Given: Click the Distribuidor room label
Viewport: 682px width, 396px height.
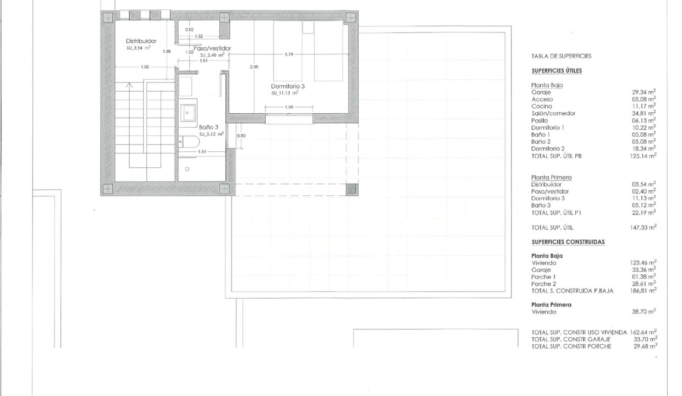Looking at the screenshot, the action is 141,41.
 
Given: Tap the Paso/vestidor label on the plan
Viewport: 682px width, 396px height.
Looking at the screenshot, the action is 212,48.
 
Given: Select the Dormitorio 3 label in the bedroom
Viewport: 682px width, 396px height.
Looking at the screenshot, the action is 288,86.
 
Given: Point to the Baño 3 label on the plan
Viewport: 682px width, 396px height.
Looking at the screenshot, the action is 208,127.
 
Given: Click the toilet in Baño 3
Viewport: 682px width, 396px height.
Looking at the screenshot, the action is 189,142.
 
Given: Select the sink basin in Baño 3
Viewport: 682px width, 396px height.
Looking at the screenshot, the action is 188,113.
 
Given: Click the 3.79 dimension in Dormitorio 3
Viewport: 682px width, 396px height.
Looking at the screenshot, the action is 289,54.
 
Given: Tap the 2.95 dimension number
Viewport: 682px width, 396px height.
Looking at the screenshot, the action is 254,67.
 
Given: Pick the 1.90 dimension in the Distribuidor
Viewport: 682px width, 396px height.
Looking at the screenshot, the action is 145,67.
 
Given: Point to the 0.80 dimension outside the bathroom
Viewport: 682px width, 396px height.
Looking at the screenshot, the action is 241,136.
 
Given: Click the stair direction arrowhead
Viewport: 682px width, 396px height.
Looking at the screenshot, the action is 129,85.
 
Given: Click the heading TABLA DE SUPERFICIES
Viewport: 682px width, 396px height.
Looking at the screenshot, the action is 562,56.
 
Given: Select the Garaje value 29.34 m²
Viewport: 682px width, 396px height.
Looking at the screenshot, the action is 643,92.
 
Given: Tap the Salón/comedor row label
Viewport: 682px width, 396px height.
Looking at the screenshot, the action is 553,113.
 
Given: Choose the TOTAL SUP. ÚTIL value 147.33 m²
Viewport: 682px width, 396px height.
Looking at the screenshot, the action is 643,227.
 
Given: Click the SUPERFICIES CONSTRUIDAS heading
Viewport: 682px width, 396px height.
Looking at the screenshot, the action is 568,242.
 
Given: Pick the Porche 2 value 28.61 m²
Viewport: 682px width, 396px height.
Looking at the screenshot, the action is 643,284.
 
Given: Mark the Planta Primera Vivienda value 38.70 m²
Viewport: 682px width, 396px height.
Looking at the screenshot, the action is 643,312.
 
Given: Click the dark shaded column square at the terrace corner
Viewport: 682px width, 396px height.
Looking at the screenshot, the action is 351,189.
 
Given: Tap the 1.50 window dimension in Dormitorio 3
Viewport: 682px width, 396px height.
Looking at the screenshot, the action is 289,107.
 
